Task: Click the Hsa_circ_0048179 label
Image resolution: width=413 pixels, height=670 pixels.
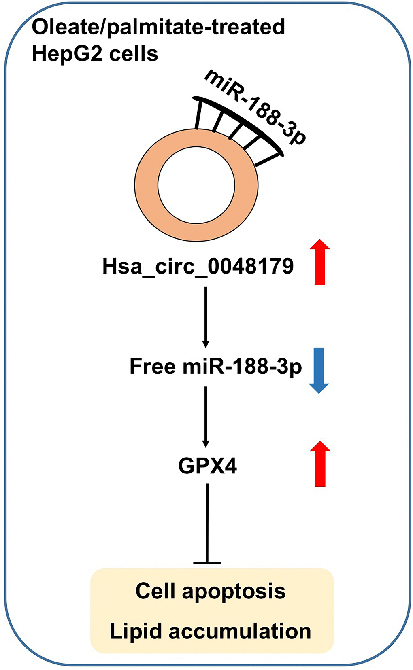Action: point(198,267)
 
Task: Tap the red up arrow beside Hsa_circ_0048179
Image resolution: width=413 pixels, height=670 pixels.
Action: point(320,262)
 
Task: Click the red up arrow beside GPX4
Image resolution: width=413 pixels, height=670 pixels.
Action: point(320,464)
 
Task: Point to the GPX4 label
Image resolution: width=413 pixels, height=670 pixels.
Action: point(207,466)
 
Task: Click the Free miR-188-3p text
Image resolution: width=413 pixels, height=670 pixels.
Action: point(215,367)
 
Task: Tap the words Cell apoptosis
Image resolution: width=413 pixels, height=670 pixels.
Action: point(211,591)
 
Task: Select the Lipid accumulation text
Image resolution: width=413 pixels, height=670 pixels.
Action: point(211,631)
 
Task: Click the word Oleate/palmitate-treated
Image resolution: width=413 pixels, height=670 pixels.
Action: point(158,27)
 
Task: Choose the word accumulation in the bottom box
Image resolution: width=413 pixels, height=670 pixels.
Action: point(240,631)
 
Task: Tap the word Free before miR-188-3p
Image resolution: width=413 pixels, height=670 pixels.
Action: point(153,367)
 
